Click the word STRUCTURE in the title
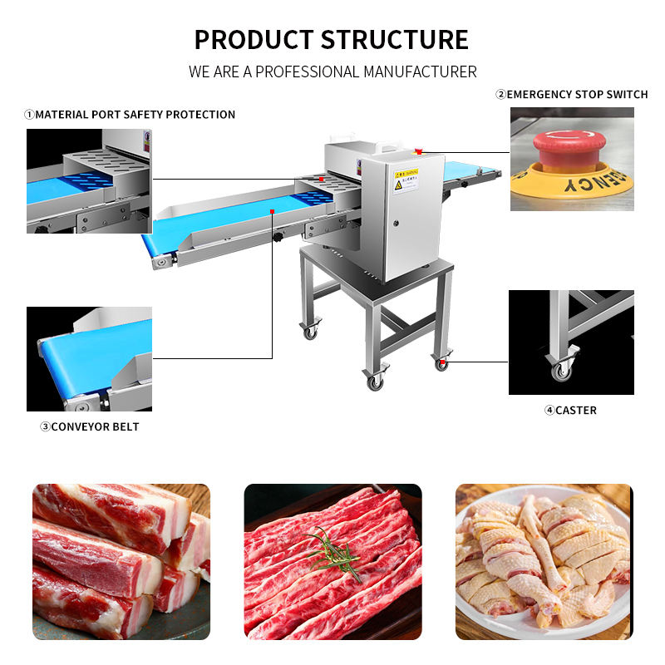(x=394, y=39)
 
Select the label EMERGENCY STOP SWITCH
(x=577, y=94)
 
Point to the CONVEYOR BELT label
(x=95, y=426)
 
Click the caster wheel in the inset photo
(x=561, y=370)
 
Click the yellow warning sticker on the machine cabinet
(x=406, y=179)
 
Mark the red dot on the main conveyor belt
(x=272, y=212)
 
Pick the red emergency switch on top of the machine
(x=418, y=151)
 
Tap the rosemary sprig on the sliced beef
(x=335, y=551)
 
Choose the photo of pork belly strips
(x=121, y=562)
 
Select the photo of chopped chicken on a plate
(x=544, y=562)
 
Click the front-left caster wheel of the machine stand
(x=310, y=332)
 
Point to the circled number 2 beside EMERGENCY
(x=500, y=94)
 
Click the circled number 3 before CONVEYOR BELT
(x=45, y=426)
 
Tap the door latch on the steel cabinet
(x=394, y=222)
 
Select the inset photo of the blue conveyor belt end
(x=89, y=359)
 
